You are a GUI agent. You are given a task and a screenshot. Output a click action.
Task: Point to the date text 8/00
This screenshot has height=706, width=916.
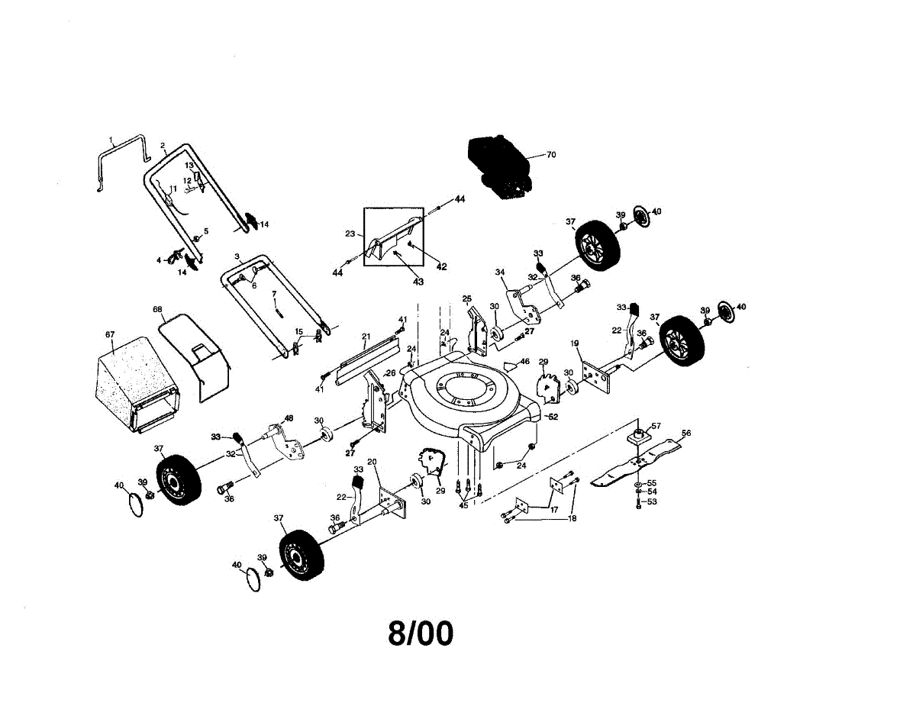pos(420,633)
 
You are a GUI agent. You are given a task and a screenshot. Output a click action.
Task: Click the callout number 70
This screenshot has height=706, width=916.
pos(551,155)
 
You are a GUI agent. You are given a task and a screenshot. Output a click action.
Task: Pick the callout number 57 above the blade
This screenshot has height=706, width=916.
pos(656,426)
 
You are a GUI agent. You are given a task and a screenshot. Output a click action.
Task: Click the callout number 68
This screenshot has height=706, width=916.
pos(157,310)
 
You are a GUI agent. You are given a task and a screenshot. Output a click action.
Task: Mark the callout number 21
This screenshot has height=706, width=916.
pos(366,336)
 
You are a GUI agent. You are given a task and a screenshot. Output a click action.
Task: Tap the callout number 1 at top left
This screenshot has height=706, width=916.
pos(111,140)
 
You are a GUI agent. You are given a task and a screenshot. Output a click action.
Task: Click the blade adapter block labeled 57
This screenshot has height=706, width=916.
pos(638,437)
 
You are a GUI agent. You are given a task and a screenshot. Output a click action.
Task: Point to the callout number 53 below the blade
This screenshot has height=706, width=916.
pos(652,502)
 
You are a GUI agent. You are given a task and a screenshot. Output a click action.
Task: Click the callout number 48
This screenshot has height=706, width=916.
pos(289,417)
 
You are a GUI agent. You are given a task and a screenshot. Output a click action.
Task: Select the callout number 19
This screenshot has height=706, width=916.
pos(573,343)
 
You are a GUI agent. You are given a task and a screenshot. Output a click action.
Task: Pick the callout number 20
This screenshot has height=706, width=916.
pos(373,462)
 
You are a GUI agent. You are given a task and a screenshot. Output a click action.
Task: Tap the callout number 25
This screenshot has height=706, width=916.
pos(467,298)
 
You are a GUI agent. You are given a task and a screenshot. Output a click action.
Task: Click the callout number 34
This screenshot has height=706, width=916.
pos(501,272)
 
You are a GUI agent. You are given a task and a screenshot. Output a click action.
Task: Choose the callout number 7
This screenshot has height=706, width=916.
pos(274,294)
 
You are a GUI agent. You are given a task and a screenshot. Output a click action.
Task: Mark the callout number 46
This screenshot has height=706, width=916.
pos(524,361)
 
